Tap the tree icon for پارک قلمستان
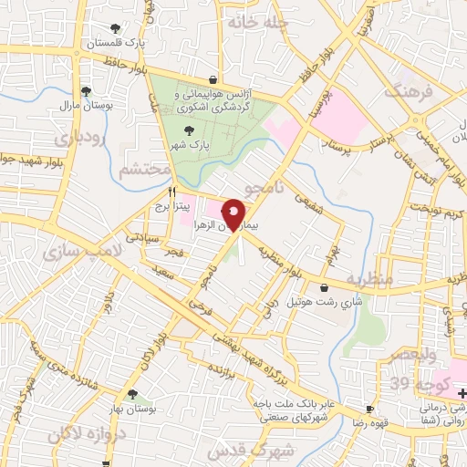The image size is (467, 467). [x=115, y=28]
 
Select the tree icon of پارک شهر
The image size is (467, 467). [x=188, y=130]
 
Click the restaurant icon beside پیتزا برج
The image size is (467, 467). [x=171, y=193]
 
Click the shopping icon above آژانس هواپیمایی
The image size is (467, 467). [x=213, y=80]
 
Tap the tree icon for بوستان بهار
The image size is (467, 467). [x=133, y=394]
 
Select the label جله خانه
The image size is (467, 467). [x=258, y=20]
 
